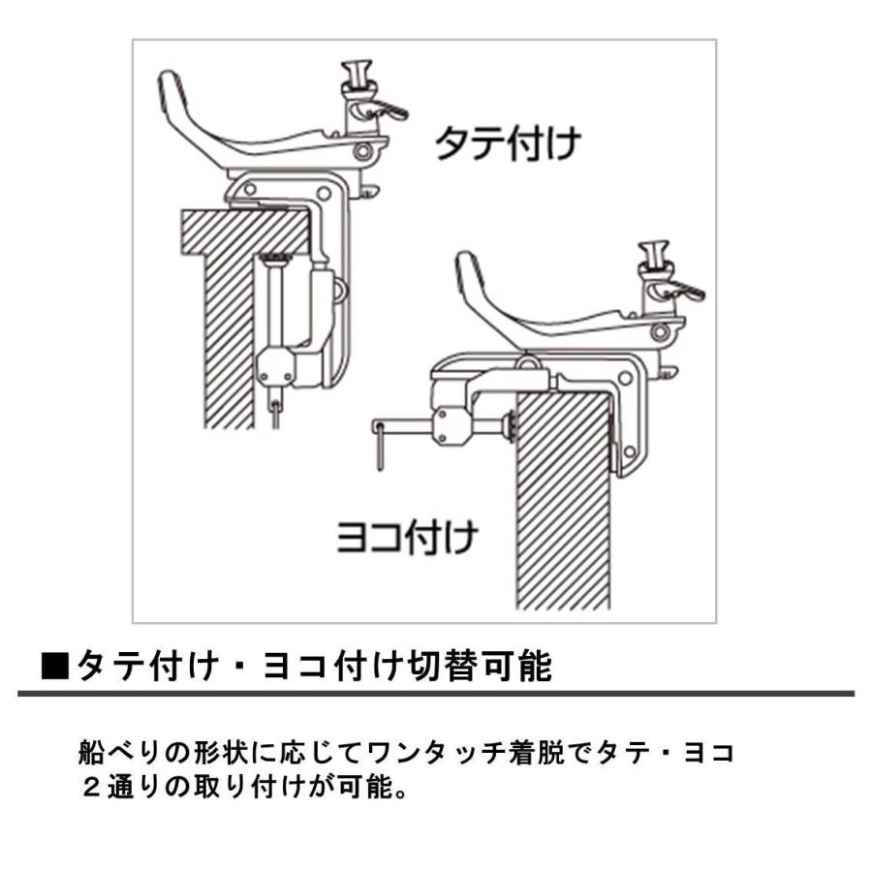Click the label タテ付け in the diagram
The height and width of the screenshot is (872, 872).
(x=507, y=144)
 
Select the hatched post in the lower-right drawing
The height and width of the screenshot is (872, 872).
(x=563, y=494)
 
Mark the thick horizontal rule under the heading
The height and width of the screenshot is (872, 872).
(x=436, y=694)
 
